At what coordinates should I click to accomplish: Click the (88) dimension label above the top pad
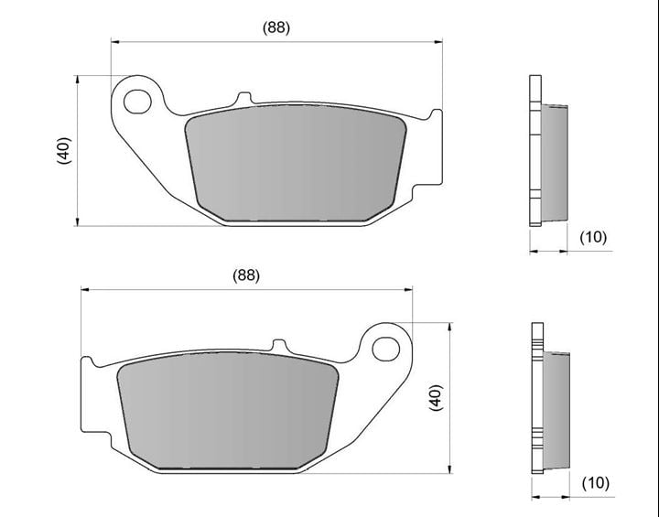(276, 27)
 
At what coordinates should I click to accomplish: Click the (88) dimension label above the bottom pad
(246, 275)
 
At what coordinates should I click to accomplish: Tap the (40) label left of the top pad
(64, 150)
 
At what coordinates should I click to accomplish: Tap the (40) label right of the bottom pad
(436, 398)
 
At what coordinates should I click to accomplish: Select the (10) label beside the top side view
(593, 238)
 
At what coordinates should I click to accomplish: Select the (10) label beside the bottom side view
(596, 483)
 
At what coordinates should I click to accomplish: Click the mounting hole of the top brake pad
(137, 102)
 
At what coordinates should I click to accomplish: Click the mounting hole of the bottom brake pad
(386, 349)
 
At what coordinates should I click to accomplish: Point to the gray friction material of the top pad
(296, 162)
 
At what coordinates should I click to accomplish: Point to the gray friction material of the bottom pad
(228, 410)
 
